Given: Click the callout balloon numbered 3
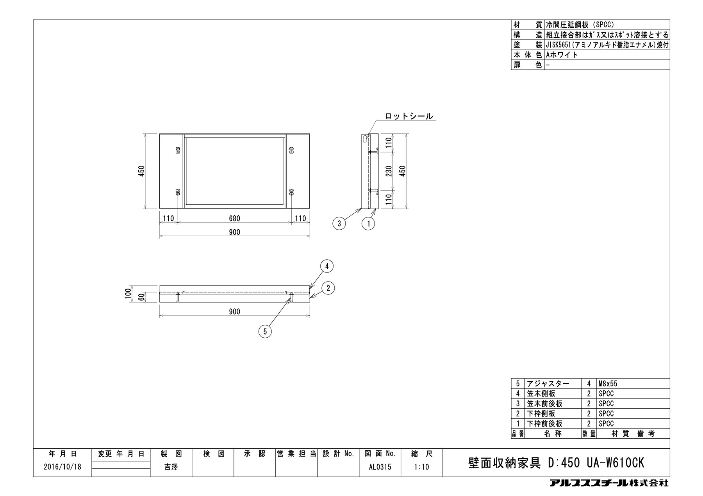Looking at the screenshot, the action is point(339,223).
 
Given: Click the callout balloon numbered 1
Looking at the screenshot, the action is point(368,223).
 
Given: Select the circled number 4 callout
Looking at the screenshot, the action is point(327,266).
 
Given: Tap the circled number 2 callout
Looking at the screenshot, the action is point(328,288).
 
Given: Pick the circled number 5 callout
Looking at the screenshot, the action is point(265,331).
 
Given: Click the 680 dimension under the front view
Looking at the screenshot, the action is point(234,218).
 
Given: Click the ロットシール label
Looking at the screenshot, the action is point(409,116).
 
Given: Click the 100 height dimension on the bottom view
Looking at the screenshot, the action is point(127,293).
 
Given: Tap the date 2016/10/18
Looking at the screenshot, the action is point(62,467).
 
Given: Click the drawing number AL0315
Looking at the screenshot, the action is point(380,467).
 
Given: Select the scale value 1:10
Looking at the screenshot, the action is point(422,467).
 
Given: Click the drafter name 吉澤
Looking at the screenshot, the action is point(171,467).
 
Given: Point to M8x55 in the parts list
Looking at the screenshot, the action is point(608,384).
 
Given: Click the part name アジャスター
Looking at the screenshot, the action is point(548,384).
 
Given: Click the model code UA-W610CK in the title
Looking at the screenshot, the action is point(615,463).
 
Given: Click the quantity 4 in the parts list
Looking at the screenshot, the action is point(589,384).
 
